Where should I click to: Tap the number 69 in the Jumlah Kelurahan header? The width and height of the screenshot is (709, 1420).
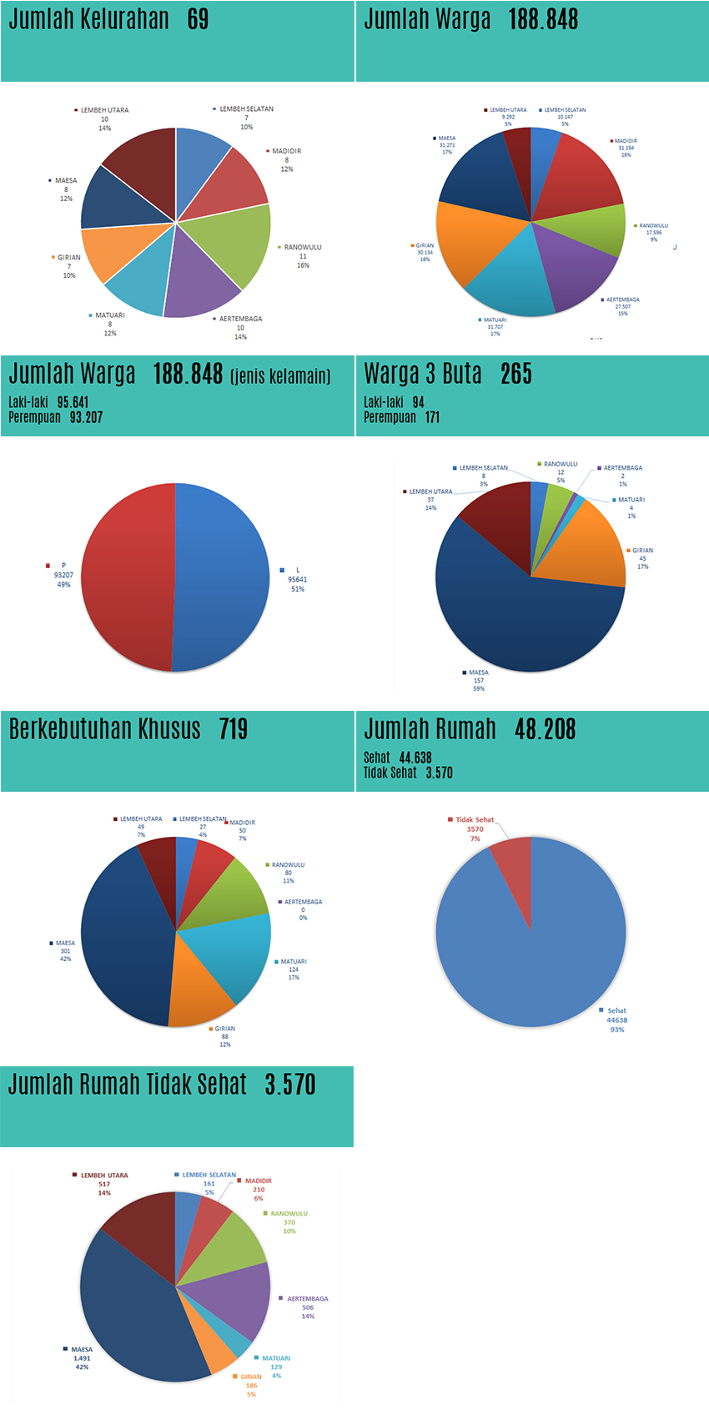[x=199, y=19]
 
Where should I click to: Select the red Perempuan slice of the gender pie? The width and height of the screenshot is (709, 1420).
[x=125, y=576]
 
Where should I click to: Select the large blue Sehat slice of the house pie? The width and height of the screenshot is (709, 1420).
[x=542, y=951]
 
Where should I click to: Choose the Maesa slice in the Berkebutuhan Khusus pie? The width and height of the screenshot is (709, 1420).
[x=121, y=934]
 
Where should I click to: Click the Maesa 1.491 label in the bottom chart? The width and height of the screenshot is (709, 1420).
[x=82, y=1357]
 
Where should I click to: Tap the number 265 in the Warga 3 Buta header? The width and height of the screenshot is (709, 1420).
[x=516, y=374]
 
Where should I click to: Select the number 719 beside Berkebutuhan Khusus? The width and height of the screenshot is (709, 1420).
[x=234, y=729]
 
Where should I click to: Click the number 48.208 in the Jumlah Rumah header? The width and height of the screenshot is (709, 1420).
[x=545, y=729]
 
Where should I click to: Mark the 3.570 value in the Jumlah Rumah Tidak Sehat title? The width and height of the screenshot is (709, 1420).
[x=290, y=1085]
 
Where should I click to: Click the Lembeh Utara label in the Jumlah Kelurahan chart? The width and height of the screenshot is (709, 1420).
[x=104, y=110]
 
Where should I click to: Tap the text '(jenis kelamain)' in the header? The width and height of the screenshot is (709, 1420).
[x=280, y=376]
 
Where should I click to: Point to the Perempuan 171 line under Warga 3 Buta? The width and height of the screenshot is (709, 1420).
[x=401, y=417]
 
